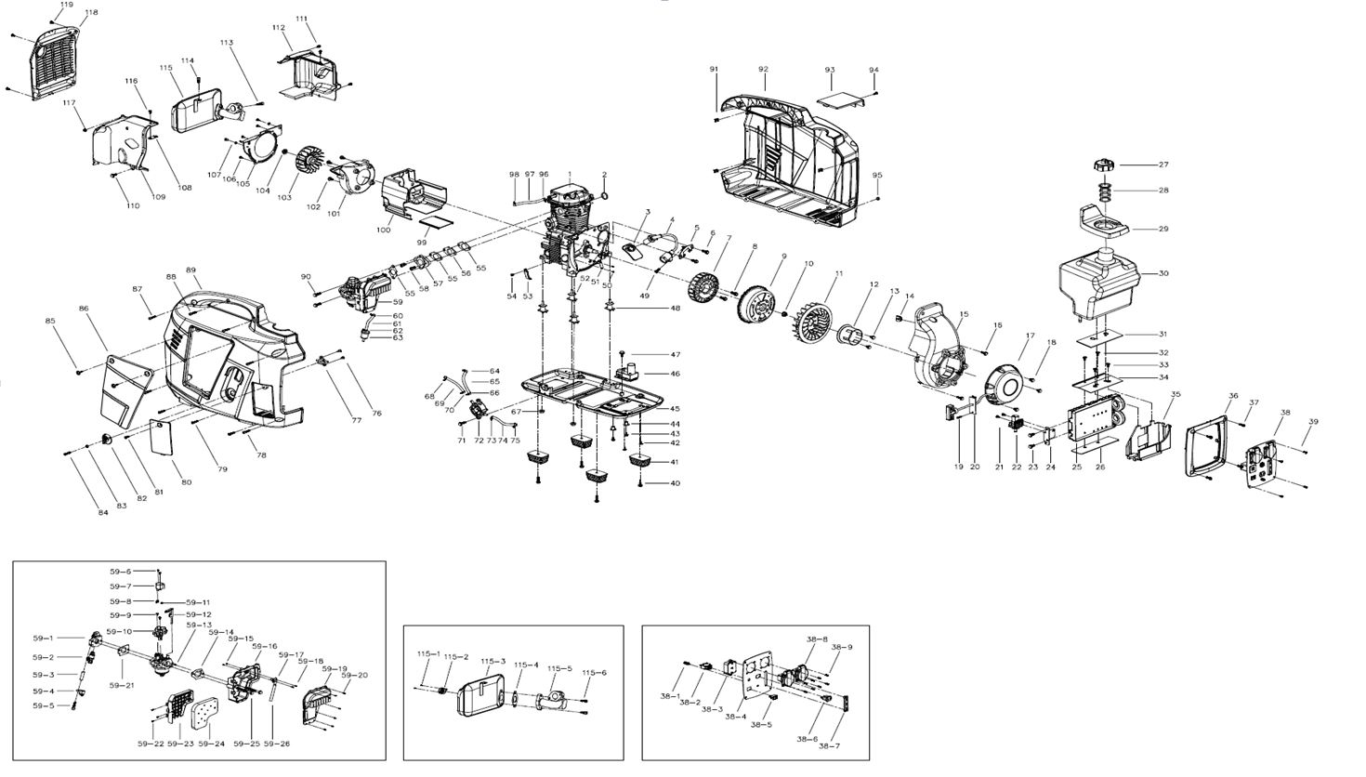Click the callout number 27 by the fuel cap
pos(1163,165)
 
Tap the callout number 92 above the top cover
pos(763,70)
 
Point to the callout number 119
pos(65,5)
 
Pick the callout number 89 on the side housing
pos(191,270)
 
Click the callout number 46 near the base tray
pos(676,374)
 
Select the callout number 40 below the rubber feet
pos(676,483)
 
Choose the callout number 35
pos(1176,395)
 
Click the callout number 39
pos(1313,422)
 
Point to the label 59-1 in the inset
pos(44,639)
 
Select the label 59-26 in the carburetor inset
pos(277,744)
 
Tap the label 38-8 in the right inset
pos(817,639)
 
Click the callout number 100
pos(383,230)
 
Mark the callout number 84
pos(78,512)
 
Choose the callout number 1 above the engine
pos(570,175)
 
